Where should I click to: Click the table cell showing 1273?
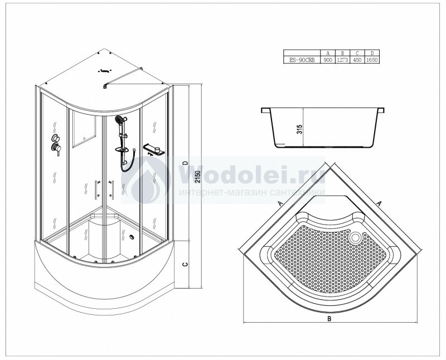point(342,60)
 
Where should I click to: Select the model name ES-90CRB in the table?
point(302,60)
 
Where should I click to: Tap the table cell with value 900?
point(328,60)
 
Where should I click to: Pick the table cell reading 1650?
point(372,60)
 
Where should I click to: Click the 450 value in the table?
point(357,60)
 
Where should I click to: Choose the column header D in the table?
point(372,53)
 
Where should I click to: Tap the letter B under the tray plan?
point(329,319)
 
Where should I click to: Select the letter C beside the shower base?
point(185,264)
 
